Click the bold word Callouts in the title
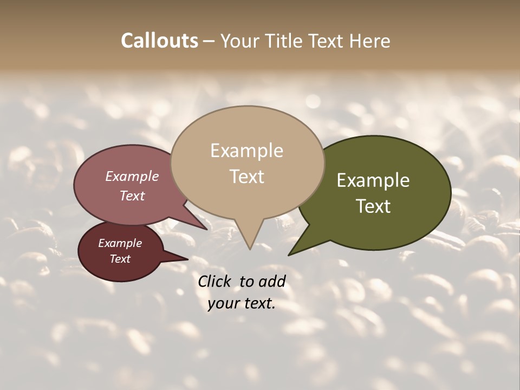(159, 41)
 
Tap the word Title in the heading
(285, 41)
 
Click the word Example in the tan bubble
(246, 151)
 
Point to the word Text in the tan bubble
(247, 177)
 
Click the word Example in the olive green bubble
(373, 180)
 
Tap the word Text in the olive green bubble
(373, 206)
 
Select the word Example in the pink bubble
(132, 177)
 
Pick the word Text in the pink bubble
(132, 196)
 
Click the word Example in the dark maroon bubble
(120, 243)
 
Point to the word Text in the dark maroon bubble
(120, 259)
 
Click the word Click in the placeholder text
(215, 281)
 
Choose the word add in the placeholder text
(272, 281)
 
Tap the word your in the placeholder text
(223, 303)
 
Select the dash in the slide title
(209, 41)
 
